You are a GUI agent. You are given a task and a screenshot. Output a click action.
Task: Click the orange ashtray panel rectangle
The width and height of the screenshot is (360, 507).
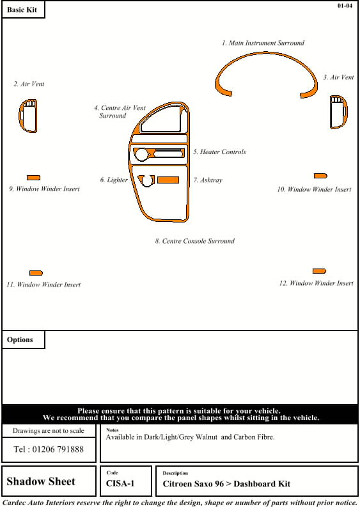(x=168, y=180)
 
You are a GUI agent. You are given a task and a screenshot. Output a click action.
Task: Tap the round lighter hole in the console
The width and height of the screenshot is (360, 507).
(x=148, y=181)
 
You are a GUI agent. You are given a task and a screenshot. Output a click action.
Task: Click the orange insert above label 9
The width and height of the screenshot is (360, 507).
(x=33, y=178)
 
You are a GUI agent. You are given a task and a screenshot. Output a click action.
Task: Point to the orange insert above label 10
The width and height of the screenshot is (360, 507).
(x=320, y=176)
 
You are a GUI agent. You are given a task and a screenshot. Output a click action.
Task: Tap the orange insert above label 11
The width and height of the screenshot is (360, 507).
(x=36, y=273)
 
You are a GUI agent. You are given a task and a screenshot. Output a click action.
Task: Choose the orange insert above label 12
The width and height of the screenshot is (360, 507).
(x=319, y=271)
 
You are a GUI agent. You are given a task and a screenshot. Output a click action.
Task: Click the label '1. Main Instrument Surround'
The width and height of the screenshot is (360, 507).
(x=263, y=43)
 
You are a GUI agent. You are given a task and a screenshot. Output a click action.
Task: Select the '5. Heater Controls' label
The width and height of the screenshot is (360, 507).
(x=219, y=152)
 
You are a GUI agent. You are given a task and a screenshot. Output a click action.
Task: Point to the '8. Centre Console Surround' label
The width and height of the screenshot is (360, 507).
(x=195, y=241)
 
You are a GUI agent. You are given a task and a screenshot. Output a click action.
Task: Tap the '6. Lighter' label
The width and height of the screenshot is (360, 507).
(x=114, y=180)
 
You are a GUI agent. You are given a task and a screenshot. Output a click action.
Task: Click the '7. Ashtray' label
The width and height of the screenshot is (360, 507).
(x=208, y=180)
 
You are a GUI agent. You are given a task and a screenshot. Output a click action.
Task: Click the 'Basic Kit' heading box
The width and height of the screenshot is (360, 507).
(x=23, y=10)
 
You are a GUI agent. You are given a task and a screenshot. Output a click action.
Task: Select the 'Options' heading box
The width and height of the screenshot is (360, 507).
(x=23, y=339)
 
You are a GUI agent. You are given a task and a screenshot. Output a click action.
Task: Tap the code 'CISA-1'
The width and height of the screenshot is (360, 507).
(x=120, y=483)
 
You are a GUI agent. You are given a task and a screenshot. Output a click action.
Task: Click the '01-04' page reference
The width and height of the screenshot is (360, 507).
(x=345, y=6)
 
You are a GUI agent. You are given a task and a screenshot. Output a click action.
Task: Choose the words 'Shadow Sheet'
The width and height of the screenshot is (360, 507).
(x=41, y=481)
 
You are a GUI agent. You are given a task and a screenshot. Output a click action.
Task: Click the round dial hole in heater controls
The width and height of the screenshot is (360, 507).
(x=141, y=155)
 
